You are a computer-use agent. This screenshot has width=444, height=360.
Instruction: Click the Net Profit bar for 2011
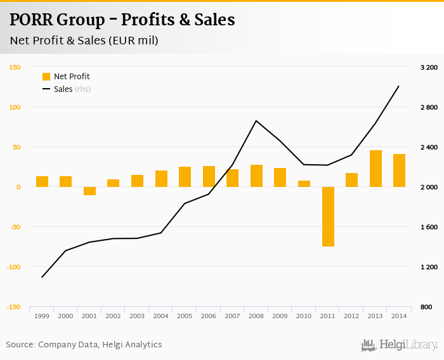(328, 216)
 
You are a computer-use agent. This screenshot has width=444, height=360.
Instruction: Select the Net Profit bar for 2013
(375, 169)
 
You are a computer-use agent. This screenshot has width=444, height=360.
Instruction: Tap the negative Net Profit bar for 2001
(89, 191)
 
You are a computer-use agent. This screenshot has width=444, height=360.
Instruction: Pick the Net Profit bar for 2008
(256, 176)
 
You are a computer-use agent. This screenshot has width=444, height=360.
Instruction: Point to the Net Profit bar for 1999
(42, 181)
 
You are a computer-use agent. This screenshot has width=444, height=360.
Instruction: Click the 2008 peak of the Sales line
(256, 120)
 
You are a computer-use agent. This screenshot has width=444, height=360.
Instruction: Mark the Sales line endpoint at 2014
(398, 86)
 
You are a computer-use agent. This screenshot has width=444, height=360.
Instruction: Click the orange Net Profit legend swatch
(46, 77)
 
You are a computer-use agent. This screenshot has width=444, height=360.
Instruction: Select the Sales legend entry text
(63, 89)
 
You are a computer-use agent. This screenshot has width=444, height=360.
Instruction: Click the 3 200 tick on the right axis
(429, 67)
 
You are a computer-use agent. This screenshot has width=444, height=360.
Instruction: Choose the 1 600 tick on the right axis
(429, 227)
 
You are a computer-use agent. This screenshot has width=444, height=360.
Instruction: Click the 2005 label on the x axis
(185, 316)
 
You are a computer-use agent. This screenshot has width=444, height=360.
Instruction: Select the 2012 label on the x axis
(351, 316)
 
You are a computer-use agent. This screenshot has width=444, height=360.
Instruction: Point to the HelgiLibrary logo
(400, 345)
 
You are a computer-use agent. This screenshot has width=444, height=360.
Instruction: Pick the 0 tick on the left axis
(18, 187)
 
